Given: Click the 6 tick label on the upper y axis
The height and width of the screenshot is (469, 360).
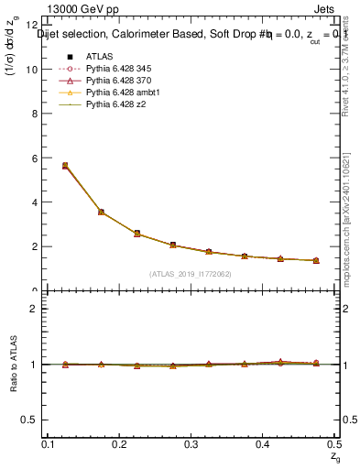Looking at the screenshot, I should coord(36,158).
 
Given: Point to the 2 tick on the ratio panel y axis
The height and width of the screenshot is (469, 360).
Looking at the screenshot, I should coord(35,309).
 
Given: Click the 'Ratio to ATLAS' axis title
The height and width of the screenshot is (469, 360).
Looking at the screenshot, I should coord(14,364).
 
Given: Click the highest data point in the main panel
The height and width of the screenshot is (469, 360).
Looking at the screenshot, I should coord(64,166).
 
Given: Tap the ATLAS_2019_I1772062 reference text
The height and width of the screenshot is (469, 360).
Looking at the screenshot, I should coord(191,274).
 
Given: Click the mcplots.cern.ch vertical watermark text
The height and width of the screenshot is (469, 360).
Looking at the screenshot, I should coord(349,229).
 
